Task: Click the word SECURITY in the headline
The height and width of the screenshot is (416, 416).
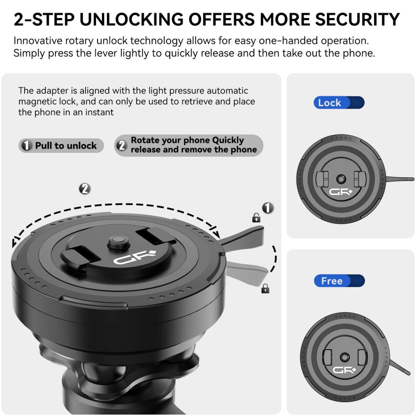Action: pos(357,19)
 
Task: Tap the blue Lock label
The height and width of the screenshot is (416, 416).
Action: pos(339,103)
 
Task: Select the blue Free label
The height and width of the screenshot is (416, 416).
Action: pos(339,281)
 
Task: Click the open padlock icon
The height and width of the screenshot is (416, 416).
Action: pos(256,218)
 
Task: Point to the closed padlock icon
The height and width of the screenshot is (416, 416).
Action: pos(265,289)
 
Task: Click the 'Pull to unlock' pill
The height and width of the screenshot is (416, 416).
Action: pos(61,145)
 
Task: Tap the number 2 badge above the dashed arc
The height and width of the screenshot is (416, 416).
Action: pos(85,189)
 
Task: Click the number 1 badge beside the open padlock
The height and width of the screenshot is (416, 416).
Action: pos(268,208)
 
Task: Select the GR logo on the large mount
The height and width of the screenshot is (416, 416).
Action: pos(135,257)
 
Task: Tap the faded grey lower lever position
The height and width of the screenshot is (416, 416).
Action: pos(246,272)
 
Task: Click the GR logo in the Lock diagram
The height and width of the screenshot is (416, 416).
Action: pos(341,191)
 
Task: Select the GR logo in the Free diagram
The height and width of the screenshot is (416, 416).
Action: pos(344,370)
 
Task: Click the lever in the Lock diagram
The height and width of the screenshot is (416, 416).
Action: pos(399,179)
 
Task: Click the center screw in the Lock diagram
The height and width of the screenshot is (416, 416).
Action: pos(341,179)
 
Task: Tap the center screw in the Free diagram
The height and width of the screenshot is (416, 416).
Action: pos(345,357)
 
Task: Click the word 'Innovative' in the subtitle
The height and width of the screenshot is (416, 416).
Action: pos(38,41)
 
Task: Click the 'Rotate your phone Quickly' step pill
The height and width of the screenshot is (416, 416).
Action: pos(189,145)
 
